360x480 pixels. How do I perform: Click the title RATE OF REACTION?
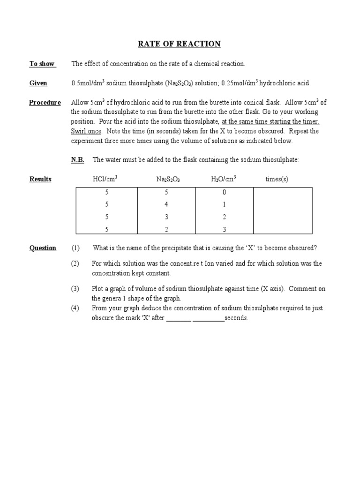tap(179, 44)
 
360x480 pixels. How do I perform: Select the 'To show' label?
tap(42, 64)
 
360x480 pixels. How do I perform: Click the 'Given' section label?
tap(38, 83)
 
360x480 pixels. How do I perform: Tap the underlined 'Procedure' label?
tap(45, 103)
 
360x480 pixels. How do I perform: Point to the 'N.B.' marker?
tap(78, 160)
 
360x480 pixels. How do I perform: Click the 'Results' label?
tap(40, 179)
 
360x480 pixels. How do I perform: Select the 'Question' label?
tap(43, 248)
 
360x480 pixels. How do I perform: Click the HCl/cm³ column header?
tap(105, 179)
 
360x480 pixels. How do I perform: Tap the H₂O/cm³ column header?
tap(224, 179)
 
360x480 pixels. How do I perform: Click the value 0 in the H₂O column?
tap(225, 192)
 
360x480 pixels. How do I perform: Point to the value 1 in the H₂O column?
tap(225, 204)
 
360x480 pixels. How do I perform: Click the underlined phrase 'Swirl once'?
tap(86, 131)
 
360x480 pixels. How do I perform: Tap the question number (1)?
tap(75, 248)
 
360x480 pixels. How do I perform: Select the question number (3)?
tap(75, 289)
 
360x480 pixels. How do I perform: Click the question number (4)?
tap(75, 308)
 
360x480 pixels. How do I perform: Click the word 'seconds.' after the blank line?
tap(236, 318)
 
